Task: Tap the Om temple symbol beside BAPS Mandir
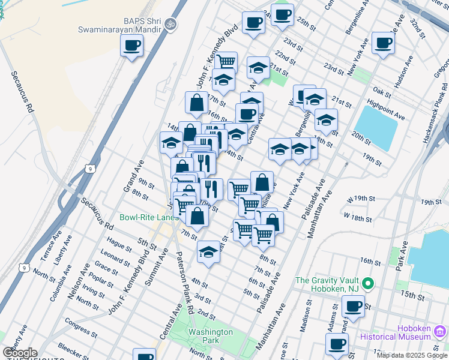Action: pos(170,25)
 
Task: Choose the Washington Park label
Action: pos(210,336)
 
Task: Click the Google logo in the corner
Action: pos(19,353)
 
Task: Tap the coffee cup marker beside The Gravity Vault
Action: pos(352,307)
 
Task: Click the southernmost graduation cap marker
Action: pos(208,251)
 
